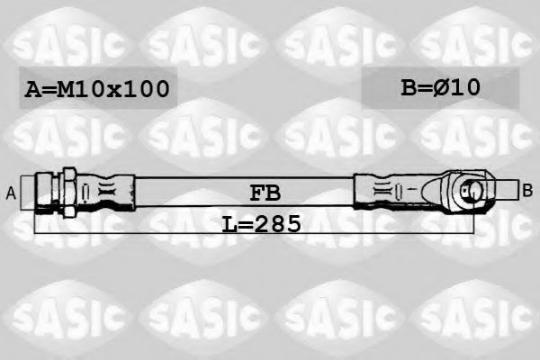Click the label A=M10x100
click(97, 89)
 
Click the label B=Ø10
click(440, 86)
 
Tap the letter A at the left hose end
click(12, 191)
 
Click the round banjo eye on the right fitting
click(470, 190)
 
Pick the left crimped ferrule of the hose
click(108, 191)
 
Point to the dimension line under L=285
click(135, 230)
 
